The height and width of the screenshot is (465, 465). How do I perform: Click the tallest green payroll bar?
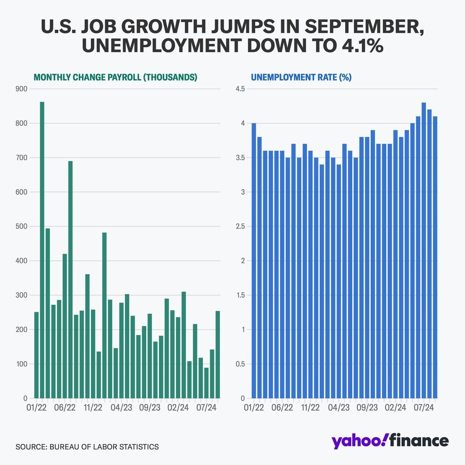42,250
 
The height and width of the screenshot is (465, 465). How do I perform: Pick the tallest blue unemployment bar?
424,250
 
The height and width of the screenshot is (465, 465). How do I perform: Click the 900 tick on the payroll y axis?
22,89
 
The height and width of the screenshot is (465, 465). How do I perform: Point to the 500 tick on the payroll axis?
22,226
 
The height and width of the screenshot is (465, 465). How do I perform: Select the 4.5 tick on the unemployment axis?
239,89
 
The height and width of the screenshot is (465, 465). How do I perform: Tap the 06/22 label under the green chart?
65,408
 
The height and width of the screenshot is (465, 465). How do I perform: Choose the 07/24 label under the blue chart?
424,408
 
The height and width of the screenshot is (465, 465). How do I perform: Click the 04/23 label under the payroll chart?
121,408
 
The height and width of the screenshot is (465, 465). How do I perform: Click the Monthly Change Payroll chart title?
115,77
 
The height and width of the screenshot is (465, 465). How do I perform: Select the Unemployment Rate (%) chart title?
301,77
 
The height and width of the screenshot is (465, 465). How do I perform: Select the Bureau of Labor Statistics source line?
87,447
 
